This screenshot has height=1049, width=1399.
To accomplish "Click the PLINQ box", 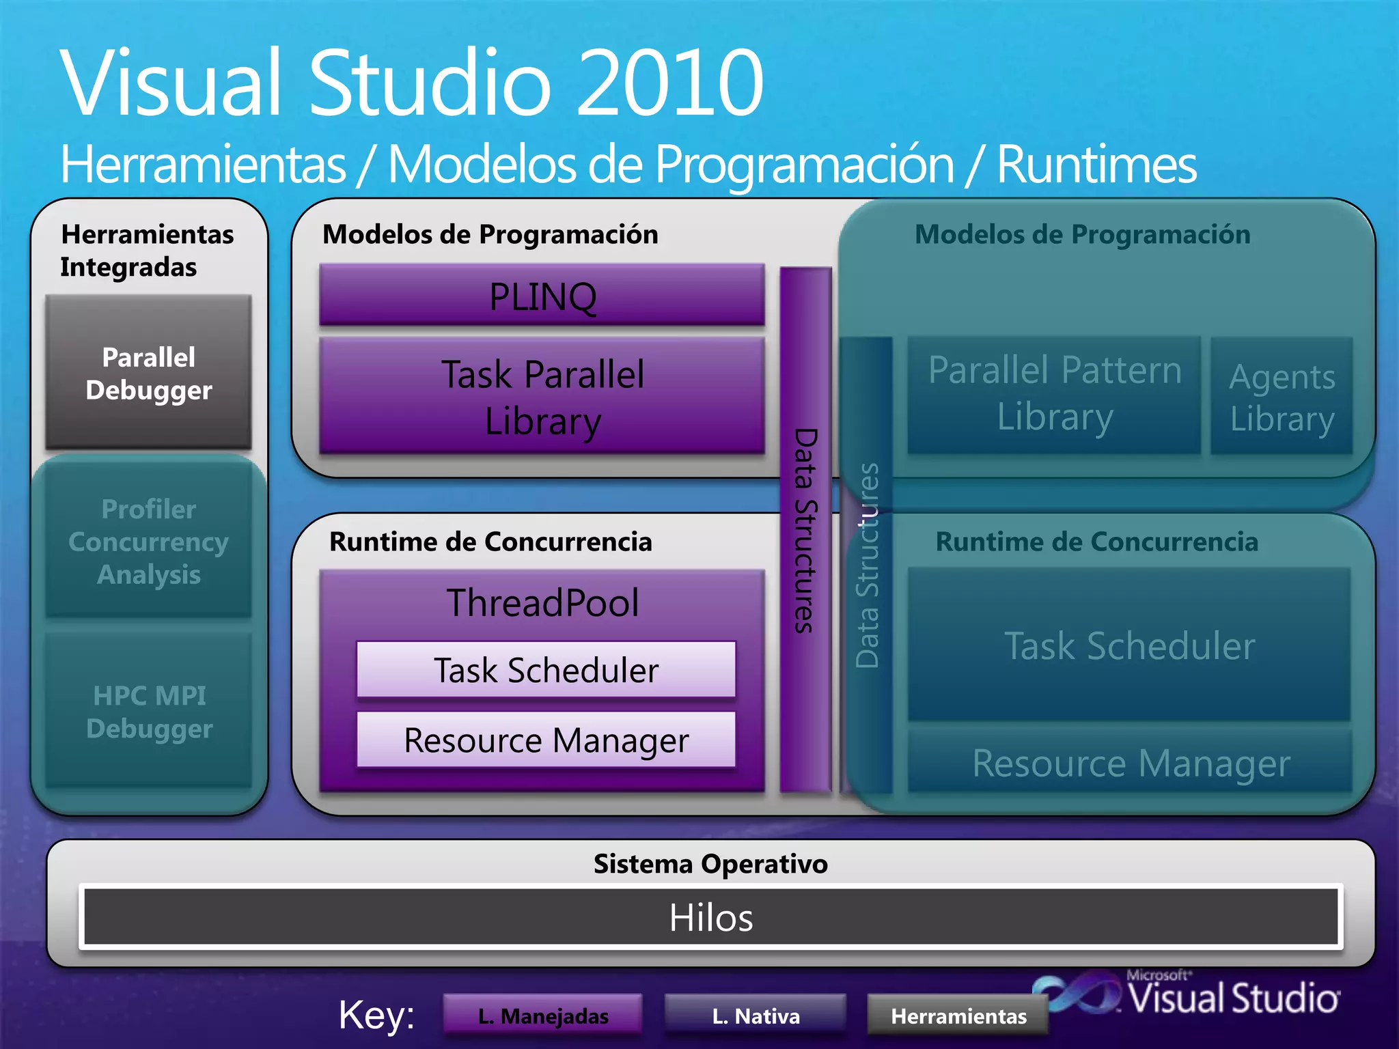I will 542,295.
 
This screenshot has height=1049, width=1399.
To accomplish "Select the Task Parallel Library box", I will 542,396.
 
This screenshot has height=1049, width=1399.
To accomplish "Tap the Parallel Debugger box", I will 148,373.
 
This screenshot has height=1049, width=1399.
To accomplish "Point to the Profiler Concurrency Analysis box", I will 148,541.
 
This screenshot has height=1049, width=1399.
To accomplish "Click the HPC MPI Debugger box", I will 148,712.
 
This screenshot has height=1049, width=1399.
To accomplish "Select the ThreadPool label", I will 542,602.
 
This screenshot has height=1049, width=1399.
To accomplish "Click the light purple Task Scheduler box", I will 546,669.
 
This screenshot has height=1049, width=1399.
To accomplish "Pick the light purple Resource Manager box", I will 546,740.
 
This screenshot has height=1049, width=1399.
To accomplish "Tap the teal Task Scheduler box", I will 1129,645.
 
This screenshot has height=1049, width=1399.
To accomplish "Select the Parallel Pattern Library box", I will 1054,394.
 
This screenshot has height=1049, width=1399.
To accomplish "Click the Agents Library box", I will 1282,397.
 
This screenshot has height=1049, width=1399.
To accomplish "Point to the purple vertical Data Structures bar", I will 805,529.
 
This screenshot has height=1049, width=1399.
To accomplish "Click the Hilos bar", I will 710,917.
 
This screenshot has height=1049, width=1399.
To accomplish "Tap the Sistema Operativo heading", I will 710,863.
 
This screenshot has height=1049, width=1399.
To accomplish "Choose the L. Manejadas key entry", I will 542,1016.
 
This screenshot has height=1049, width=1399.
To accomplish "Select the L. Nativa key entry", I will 755,1016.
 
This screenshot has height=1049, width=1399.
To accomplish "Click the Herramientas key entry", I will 958,1016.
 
